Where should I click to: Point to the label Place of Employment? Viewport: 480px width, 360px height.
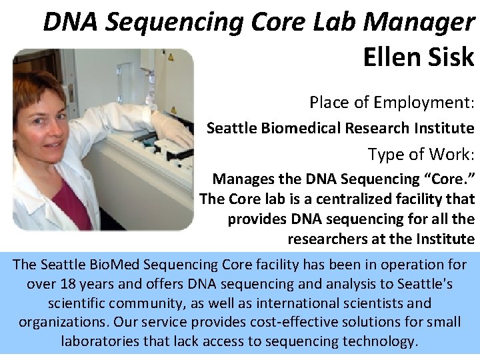coord(391,103)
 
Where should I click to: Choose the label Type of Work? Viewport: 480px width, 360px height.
coord(421,154)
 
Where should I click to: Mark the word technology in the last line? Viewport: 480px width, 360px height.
coord(379,341)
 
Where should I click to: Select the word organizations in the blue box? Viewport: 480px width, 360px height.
coord(64,322)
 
